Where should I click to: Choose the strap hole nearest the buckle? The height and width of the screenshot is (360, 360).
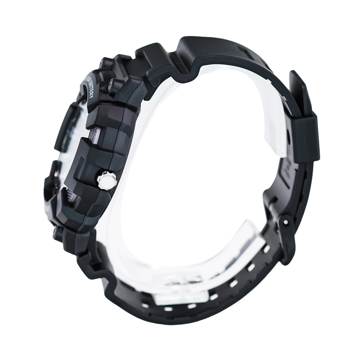click(267, 249)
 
